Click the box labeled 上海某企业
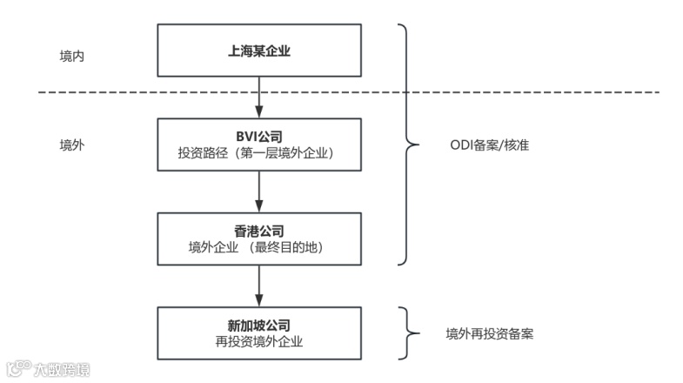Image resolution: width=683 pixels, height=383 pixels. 259,50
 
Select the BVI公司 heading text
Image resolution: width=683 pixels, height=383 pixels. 259,136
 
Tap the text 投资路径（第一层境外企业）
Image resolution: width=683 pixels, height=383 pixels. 259,152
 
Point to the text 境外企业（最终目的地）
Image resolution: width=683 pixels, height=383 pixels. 259,247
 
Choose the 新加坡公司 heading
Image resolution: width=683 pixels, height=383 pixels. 259,325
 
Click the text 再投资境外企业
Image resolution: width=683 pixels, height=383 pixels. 259,341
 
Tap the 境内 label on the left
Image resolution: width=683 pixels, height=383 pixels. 71,55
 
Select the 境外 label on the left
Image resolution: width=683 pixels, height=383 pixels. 71,144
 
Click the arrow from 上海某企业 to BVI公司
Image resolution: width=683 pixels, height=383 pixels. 259,97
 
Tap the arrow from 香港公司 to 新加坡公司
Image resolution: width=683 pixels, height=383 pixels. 259,286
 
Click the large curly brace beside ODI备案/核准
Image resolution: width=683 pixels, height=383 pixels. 406,144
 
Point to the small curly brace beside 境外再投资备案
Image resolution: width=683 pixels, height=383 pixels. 406,333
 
